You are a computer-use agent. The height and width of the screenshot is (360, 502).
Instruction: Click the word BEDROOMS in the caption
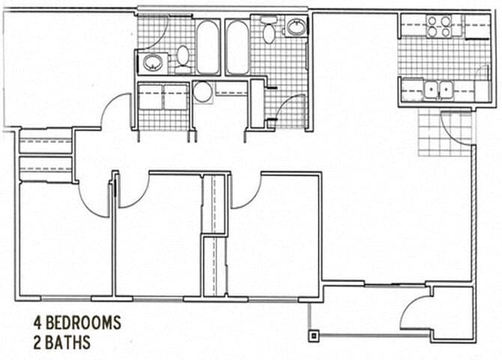point(83,323)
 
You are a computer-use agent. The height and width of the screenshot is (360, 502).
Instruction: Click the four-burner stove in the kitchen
point(438,27)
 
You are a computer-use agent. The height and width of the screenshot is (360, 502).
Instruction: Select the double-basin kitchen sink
point(437,90)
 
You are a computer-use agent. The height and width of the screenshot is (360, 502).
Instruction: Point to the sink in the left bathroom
point(152,62)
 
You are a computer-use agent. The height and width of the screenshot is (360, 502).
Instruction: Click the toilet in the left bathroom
point(182,55)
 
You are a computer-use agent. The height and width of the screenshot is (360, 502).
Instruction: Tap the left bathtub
point(208,46)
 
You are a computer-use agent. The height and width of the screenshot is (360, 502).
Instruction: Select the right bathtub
point(237,46)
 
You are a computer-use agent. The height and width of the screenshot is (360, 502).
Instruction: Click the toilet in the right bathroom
point(268,31)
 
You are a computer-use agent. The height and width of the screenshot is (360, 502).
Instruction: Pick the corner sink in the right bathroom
point(295,28)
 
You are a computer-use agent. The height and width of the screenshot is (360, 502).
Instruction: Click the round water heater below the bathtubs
point(202,92)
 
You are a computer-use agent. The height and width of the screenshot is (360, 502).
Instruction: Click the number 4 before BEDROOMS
point(36,323)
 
